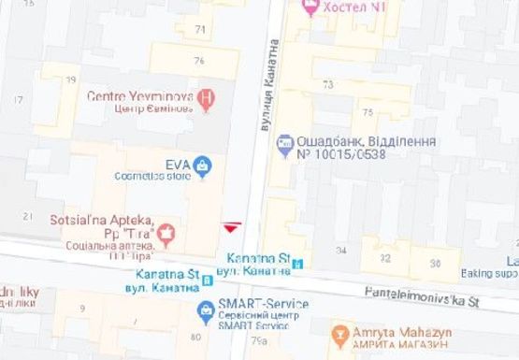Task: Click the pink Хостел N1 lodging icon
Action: click(310, 7)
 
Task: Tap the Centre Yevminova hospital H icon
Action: click(207, 95)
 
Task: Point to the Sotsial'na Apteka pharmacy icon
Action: click(167, 231)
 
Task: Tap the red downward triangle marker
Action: click(231, 227)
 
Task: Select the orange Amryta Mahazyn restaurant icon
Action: click(339, 333)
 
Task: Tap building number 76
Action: click(198, 61)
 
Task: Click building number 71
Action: click(199, 30)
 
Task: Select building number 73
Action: click(327, 84)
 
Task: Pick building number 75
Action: click(368, 112)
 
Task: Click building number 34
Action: click(342, 250)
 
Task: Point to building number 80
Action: click(195, 337)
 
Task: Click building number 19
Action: click(72, 79)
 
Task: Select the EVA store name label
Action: click(178, 165)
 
